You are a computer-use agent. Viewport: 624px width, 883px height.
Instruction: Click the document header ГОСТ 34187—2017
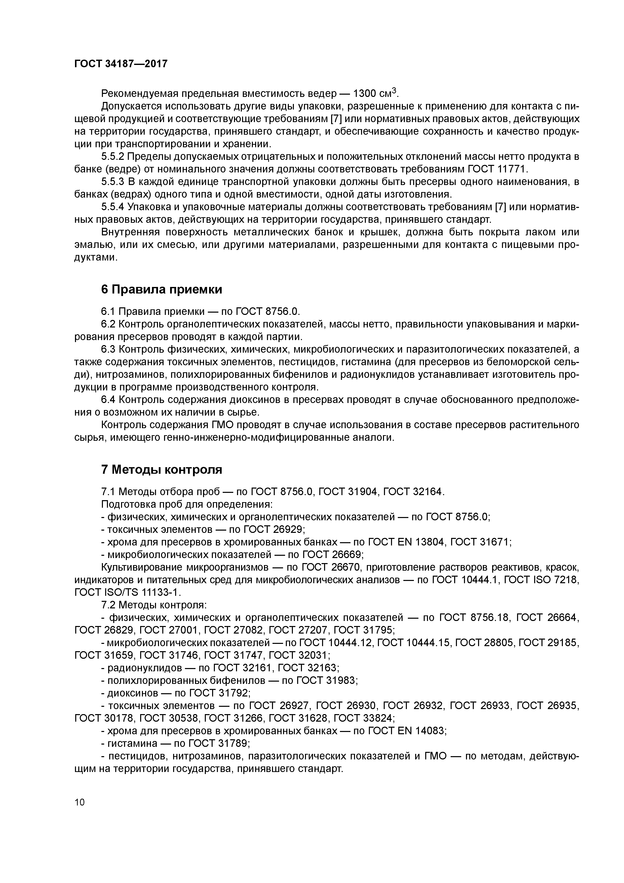coord(121,63)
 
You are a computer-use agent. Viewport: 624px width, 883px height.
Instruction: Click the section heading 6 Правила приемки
coord(162,289)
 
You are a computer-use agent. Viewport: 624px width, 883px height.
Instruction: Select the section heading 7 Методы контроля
coord(162,470)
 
